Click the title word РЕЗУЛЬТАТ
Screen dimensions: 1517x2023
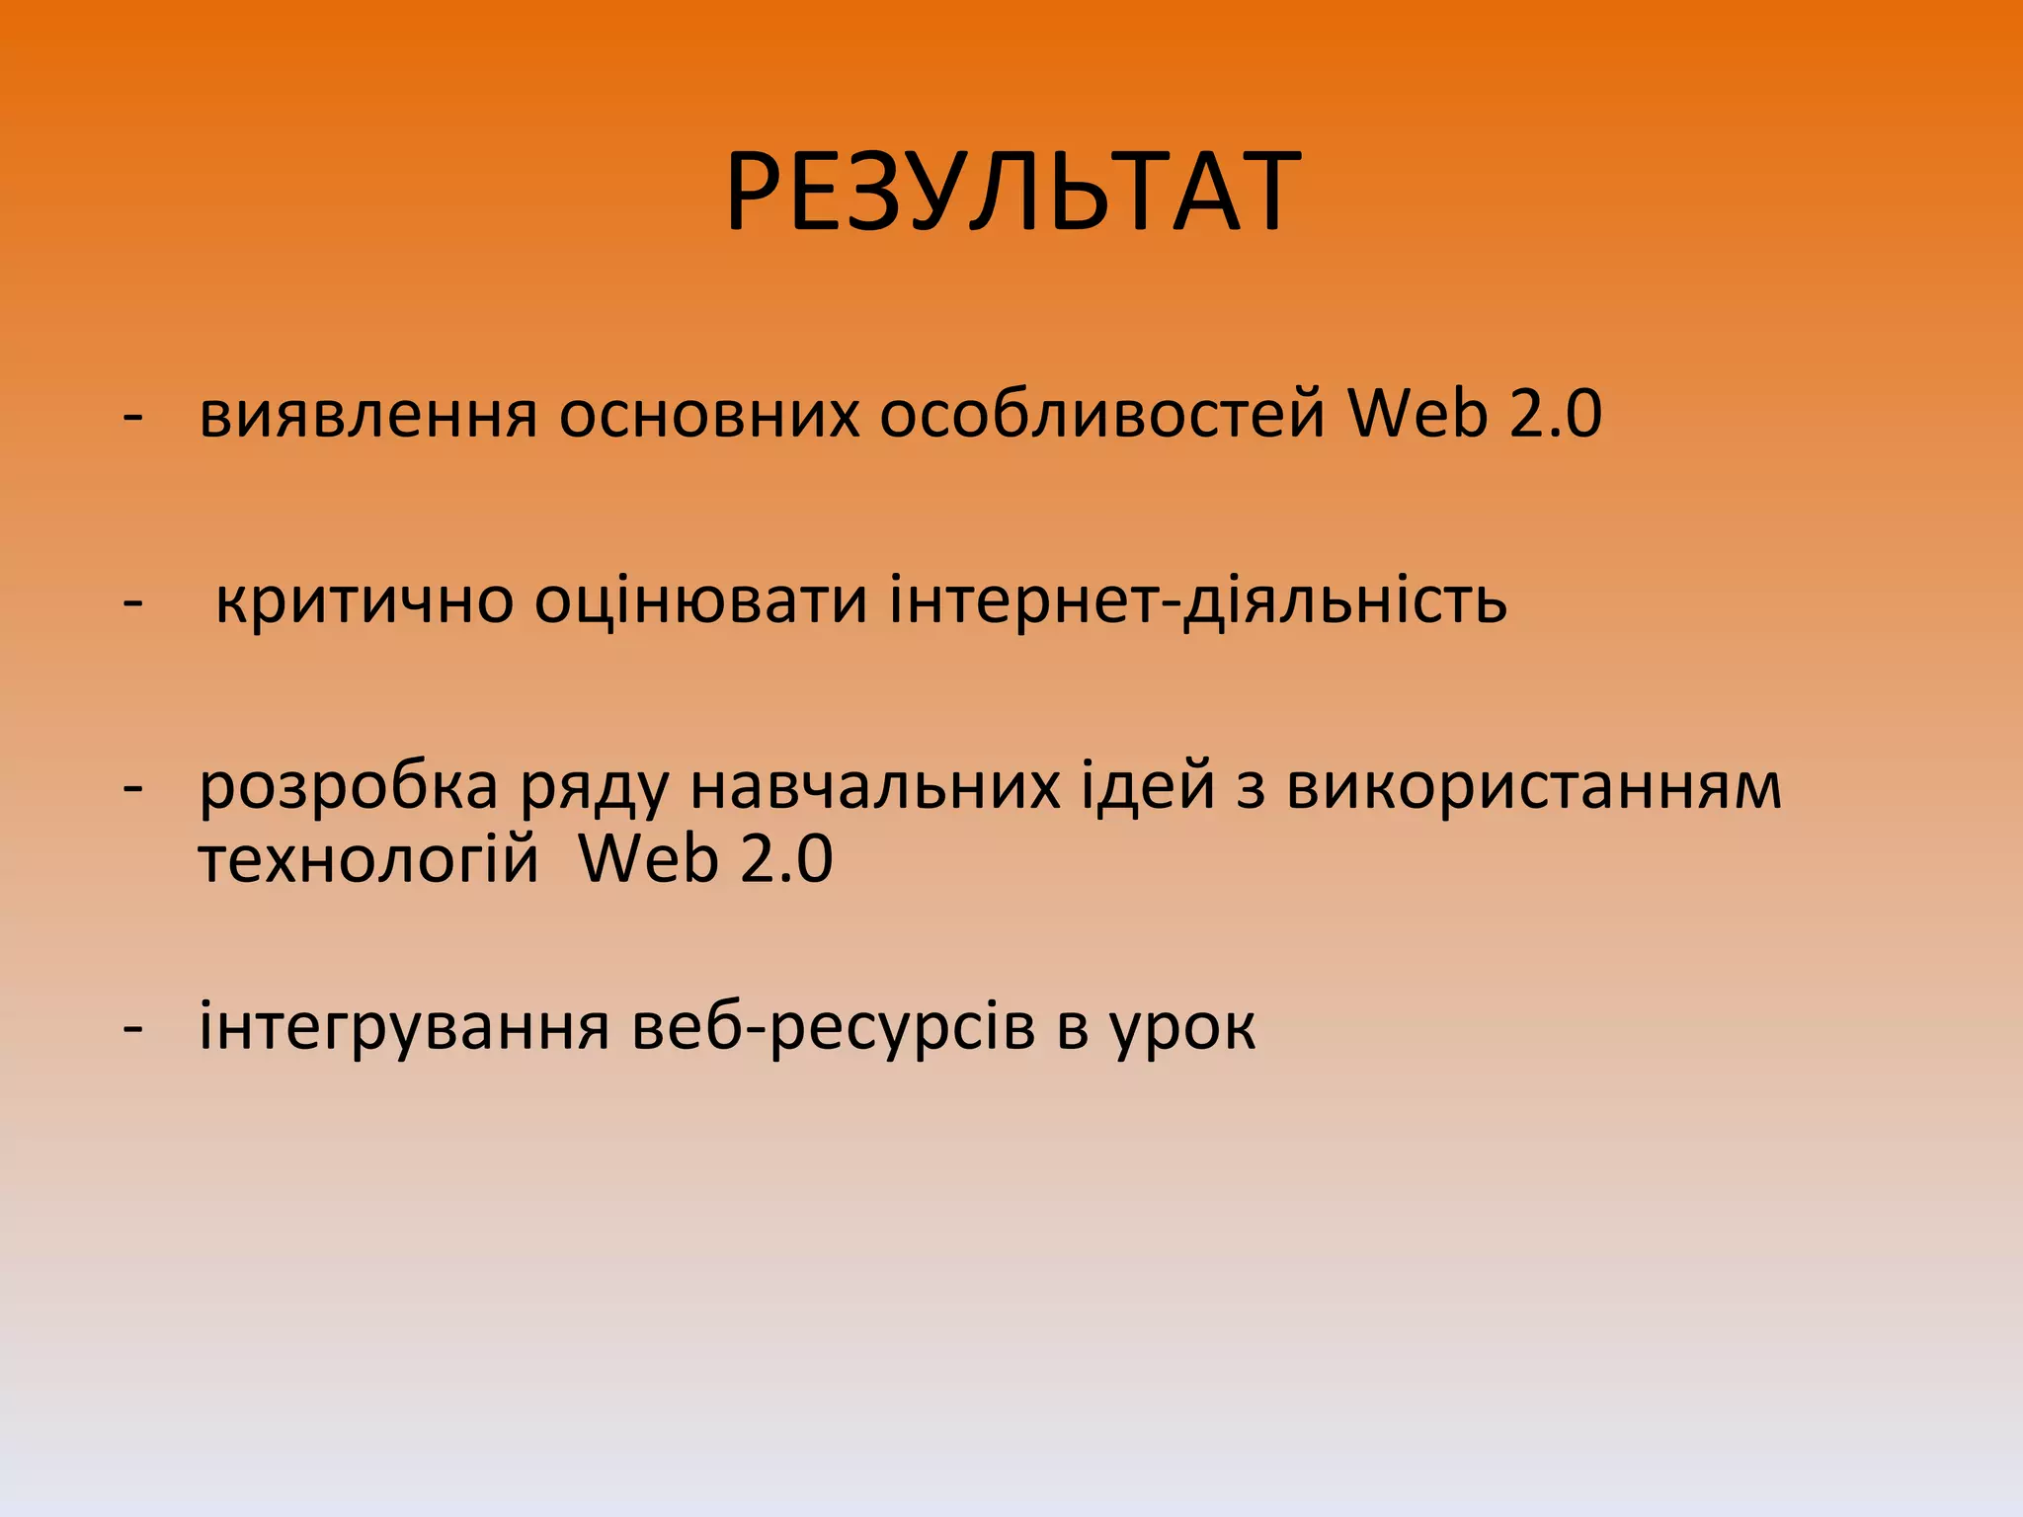(1011, 192)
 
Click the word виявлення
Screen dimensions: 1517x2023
(367, 414)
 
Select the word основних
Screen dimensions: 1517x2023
(709, 414)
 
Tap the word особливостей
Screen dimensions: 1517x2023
(1101, 414)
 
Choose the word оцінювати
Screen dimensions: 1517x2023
(700, 600)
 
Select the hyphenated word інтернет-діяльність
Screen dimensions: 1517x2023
(1197, 599)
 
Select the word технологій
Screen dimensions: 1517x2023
(368, 859)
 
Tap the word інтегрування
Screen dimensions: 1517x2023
(404, 1028)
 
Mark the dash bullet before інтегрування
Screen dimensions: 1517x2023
(132, 1028)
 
